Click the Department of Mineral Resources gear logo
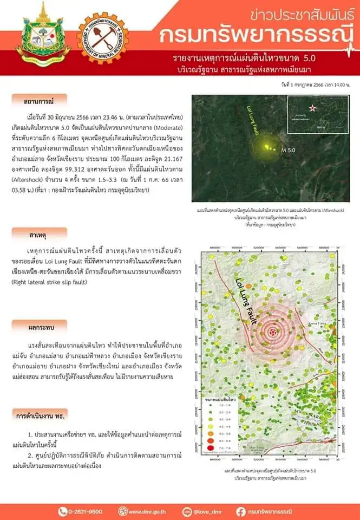[103, 38]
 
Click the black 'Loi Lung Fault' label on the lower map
[250, 303]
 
